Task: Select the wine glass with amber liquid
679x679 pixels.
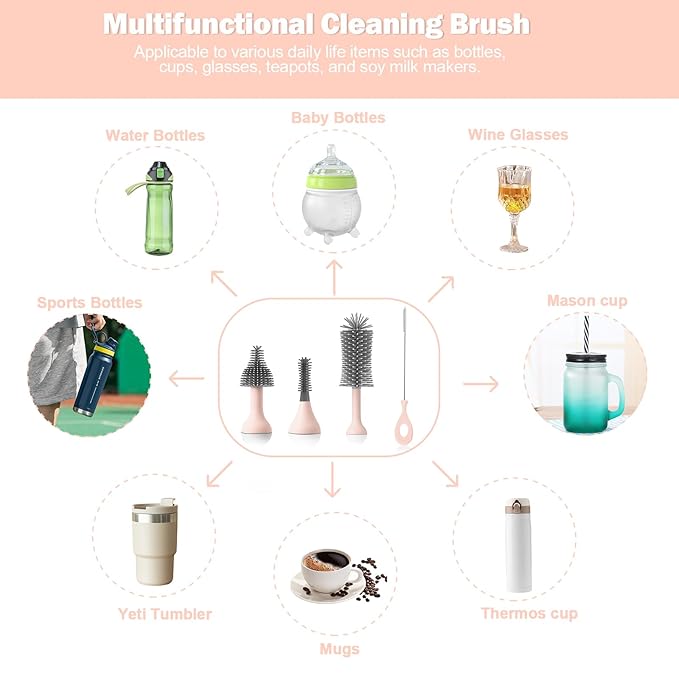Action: [513, 205]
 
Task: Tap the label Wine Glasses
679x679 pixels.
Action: [517, 134]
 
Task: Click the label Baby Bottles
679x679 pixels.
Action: [338, 118]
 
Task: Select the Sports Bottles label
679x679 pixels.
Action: [90, 302]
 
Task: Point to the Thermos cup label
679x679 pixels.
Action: [529, 613]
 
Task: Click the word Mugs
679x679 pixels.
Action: [338, 649]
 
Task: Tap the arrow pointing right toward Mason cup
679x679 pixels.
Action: [480, 383]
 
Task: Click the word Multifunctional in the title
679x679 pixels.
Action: [206, 24]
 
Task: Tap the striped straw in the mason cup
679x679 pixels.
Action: [580, 334]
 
